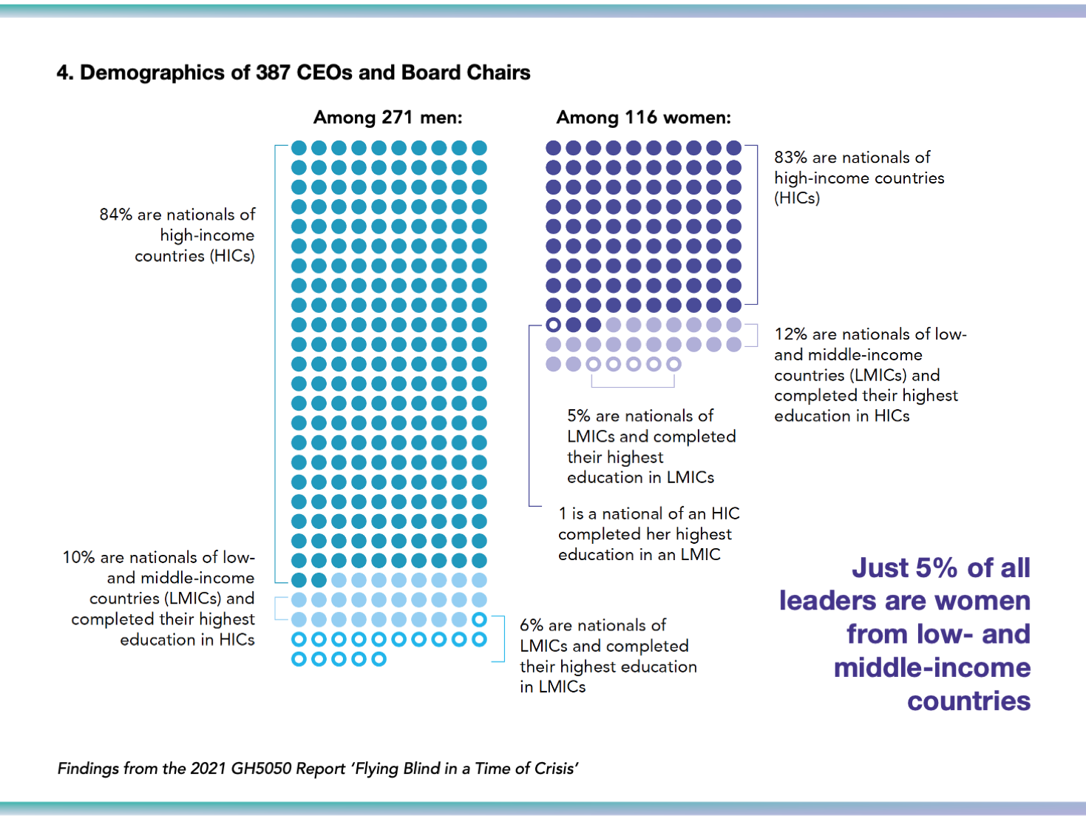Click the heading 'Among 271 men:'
pos(387,118)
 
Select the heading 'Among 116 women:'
pos(643,118)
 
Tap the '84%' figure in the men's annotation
pos(115,215)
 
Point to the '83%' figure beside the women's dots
pos(790,158)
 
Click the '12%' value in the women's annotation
pos(790,334)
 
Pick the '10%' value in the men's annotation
pos(78,558)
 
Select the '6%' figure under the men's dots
pos(532,626)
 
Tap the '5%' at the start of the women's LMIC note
pos(579,417)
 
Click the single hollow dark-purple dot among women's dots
pos(553,325)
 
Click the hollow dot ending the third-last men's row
pos(479,619)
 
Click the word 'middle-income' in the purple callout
pos(931,668)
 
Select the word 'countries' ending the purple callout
pos(968,701)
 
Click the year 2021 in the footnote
pos(208,769)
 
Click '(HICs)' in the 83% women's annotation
pos(797,198)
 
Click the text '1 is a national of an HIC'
pos(648,513)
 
